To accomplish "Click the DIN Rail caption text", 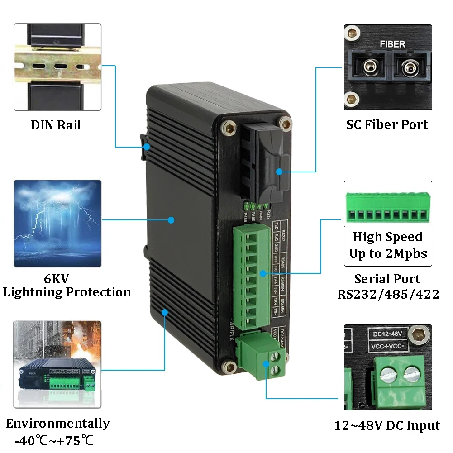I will pos(56,125).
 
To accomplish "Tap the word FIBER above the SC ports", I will pos(392,44).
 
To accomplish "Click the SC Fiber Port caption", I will pos(387,125).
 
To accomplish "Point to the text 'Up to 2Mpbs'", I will pos(388,253).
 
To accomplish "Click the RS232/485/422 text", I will pos(388,294).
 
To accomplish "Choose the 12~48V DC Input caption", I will pos(387,425).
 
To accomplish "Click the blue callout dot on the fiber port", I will pos(279,172).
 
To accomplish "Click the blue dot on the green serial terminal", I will pos(263,273).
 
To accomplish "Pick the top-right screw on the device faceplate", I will pos(285,123).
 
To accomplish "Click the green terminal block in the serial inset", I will pos(388,208).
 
